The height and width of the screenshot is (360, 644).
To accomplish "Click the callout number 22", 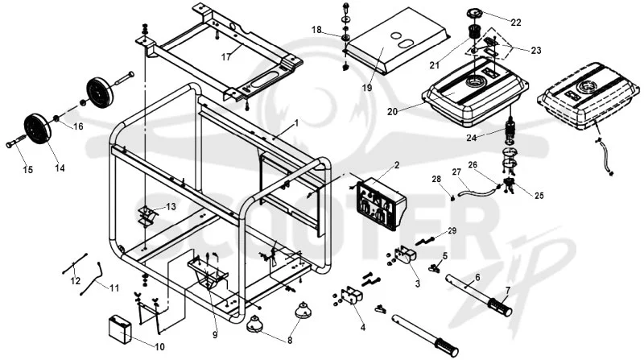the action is [x=515, y=23].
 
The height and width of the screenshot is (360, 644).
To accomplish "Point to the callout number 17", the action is [x=226, y=57].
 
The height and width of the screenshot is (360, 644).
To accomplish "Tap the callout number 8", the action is [x=290, y=341].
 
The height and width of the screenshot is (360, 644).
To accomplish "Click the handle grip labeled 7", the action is [x=500, y=308].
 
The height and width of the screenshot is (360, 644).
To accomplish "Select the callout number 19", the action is [x=367, y=88].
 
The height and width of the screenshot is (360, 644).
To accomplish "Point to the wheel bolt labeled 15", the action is [x=15, y=144].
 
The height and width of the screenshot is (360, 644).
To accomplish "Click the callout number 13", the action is [x=171, y=206].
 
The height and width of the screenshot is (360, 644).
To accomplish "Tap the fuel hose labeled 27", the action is [x=478, y=191].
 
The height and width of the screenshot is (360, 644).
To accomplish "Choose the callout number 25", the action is [x=539, y=196].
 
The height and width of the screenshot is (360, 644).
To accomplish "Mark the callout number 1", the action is [x=296, y=123].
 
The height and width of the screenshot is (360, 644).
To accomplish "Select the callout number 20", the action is [x=392, y=111].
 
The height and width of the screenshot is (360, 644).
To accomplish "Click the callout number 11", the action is [x=114, y=288].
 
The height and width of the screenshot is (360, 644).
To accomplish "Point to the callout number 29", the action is [x=452, y=230].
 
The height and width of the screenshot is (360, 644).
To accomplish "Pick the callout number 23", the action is [x=536, y=51].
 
